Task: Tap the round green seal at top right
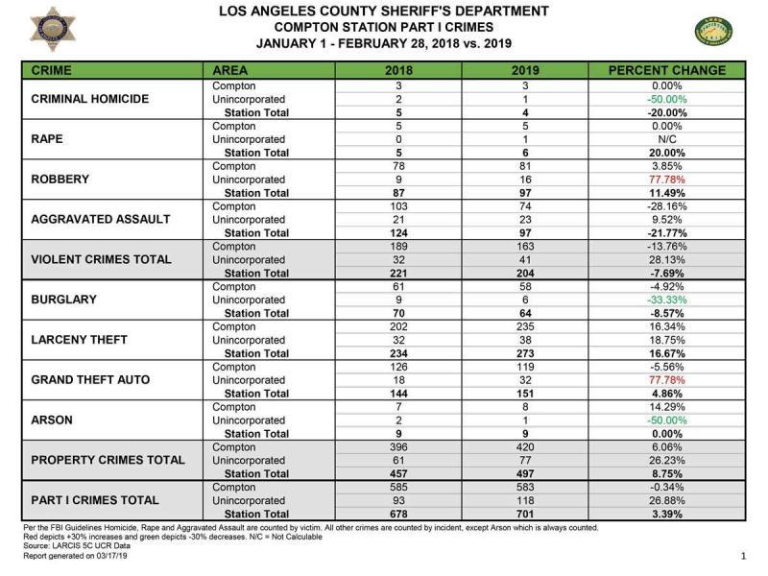[x=715, y=32]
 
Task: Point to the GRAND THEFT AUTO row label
[x=90, y=380]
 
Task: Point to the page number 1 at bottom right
[x=743, y=556]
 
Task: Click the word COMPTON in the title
[x=308, y=28]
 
